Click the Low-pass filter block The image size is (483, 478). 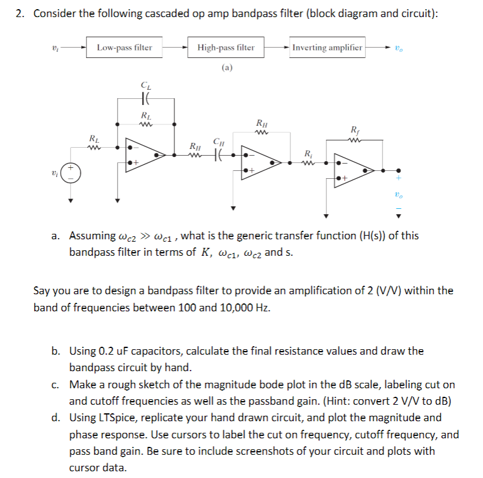click(x=125, y=47)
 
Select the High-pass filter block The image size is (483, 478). click(x=226, y=47)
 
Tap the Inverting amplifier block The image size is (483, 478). click(x=327, y=47)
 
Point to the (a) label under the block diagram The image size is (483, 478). click(x=226, y=68)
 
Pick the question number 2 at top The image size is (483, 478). click(x=20, y=14)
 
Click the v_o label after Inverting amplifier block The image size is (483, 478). click(x=399, y=48)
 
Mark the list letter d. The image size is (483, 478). click(x=55, y=418)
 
